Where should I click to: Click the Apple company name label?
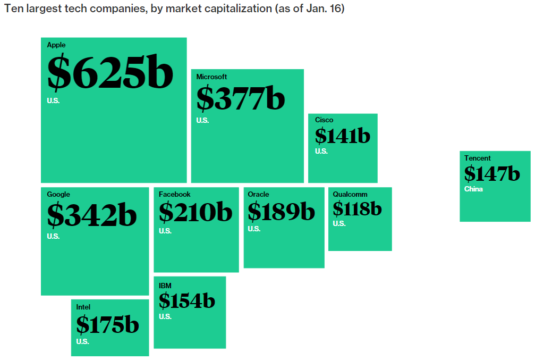56,45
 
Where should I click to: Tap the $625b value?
110,73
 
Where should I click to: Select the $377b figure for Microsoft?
241,98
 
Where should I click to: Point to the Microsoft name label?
211,77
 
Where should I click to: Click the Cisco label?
324,120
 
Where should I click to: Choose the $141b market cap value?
342,136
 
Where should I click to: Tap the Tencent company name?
478,158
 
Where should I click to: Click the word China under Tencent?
473,189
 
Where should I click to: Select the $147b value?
492,173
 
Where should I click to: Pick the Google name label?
58,195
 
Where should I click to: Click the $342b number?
92,215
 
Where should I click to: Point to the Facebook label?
175,195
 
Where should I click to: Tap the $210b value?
196,212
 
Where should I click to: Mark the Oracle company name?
258,195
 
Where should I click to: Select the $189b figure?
281,212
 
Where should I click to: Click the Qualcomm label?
350,195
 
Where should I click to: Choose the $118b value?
357,209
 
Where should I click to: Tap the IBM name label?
165,286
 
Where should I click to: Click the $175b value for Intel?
107,324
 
